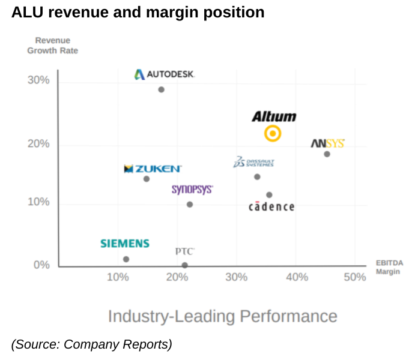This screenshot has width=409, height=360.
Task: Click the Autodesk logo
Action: [x=164, y=74]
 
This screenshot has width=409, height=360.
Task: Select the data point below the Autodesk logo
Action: [x=161, y=89]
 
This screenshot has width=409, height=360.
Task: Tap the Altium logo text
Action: [x=274, y=116]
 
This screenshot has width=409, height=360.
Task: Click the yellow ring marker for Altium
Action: [x=273, y=133]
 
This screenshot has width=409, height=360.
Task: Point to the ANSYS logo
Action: [x=327, y=143]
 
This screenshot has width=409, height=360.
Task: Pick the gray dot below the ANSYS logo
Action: [x=327, y=154]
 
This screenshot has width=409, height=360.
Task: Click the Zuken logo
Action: [x=153, y=169]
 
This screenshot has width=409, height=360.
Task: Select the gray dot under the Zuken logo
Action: [x=147, y=179]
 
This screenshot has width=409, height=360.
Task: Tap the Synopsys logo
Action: [x=192, y=190]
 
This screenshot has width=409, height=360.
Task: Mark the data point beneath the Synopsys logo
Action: [x=190, y=205]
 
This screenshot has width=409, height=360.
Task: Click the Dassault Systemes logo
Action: [x=253, y=163]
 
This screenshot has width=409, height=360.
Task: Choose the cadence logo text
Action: [x=271, y=207]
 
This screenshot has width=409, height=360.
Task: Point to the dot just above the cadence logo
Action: [x=269, y=195]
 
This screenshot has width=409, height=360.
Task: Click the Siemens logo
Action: [x=125, y=244]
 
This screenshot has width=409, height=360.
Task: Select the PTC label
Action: [x=184, y=251]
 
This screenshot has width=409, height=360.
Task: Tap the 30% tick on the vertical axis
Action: [x=38, y=80]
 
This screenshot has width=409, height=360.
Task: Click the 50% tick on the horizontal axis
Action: [x=355, y=277]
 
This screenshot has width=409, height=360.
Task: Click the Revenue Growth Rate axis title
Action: [x=52, y=46]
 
